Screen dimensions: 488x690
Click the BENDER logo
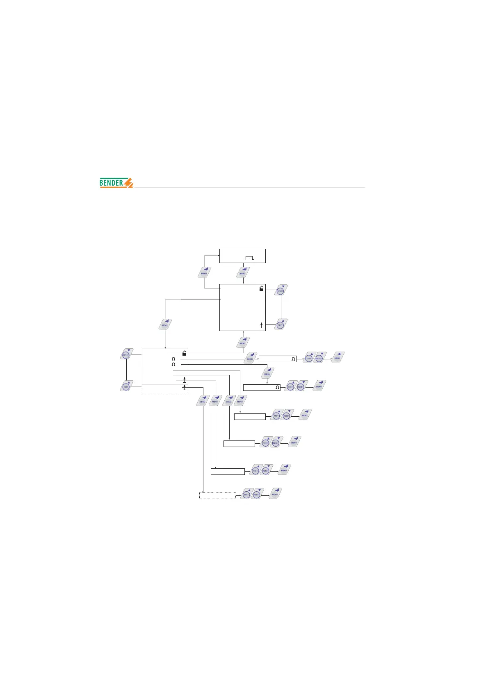[116, 183]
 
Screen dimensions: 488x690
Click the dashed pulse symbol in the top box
[249, 258]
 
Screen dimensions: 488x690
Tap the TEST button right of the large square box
[280, 325]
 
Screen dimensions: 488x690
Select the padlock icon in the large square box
[261, 288]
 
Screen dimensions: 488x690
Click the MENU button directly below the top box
[243, 272]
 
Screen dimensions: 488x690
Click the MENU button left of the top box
[204, 272]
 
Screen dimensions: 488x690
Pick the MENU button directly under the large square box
[243, 342]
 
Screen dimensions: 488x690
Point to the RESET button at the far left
[126, 355]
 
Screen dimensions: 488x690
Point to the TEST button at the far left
[126, 386]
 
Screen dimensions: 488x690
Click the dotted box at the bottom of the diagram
[217, 496]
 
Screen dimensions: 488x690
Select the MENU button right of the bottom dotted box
[276, 493]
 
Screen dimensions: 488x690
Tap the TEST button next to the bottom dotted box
[246, 494]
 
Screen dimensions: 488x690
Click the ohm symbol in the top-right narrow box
[293, 359]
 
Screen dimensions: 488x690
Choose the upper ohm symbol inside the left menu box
[173, 359]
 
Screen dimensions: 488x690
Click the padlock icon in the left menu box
[185, 352]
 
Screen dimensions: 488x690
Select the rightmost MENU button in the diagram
[338, 357]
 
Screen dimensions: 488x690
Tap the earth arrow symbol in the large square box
[261, 325]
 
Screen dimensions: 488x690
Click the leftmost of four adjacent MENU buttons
[203, 401]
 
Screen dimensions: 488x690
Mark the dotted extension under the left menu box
[165, 391]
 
